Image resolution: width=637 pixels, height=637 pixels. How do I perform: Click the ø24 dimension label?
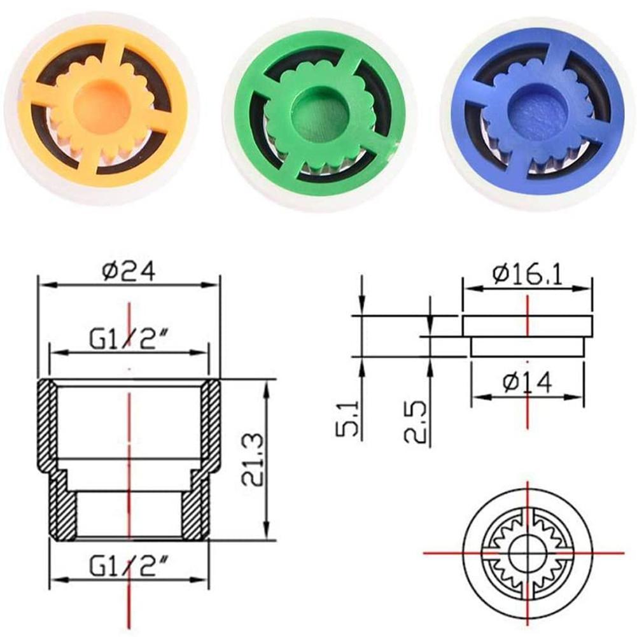coord(129,273)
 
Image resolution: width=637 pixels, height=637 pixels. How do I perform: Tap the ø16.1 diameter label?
coord(528,276)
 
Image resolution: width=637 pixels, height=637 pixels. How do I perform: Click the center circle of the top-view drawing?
coord(527,551)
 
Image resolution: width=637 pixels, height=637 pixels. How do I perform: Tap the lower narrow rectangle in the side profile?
coord(527,347)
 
